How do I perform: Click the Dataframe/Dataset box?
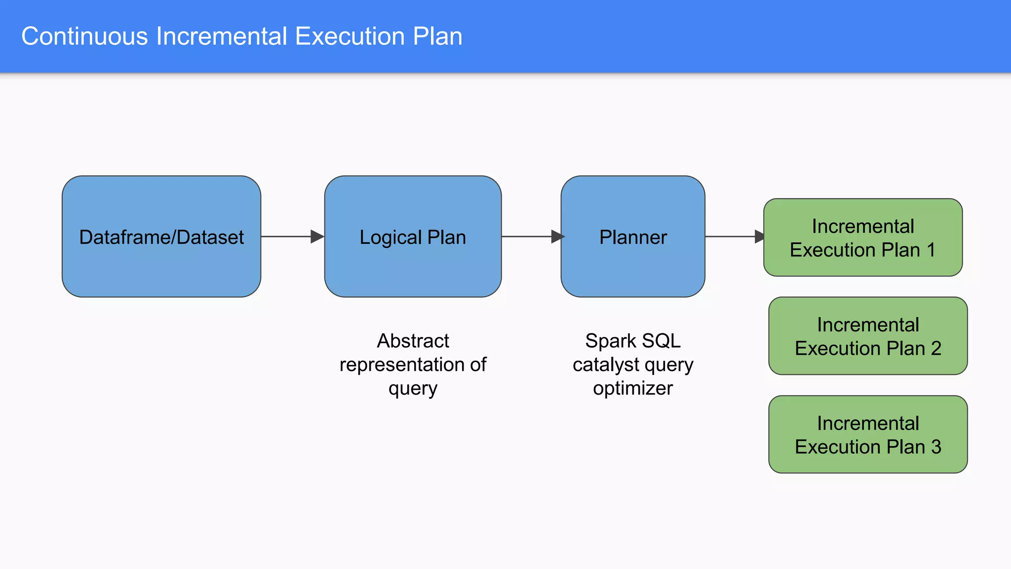[x=161, y=237]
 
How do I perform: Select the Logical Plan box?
[x=413, y=237]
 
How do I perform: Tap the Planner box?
[x=632, y=237]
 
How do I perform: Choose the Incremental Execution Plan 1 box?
[x=862, y=238]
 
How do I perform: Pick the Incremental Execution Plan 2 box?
[x=867, y=336]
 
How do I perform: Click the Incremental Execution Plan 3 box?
[x=867, y=435]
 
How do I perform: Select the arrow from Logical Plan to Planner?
[x=531, y=237]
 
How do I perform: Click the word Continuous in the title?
[x=84, y=37]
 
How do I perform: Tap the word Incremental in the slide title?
[x=222, y=37]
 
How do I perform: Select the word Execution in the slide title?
[x=350, y=37]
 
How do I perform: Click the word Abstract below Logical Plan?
[x=413, y=341]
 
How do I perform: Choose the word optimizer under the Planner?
[x=632, y=388]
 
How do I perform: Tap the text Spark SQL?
[x=632, y=341]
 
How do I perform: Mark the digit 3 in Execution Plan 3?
[x=936, y=447]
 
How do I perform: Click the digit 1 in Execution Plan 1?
[x=931, y=250]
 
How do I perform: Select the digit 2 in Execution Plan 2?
[x=936, y=349]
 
